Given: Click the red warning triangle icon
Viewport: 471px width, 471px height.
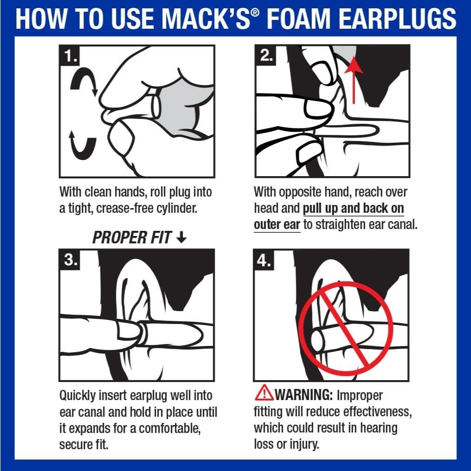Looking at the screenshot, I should point(264,394).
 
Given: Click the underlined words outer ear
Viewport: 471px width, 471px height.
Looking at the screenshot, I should point(277,225).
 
